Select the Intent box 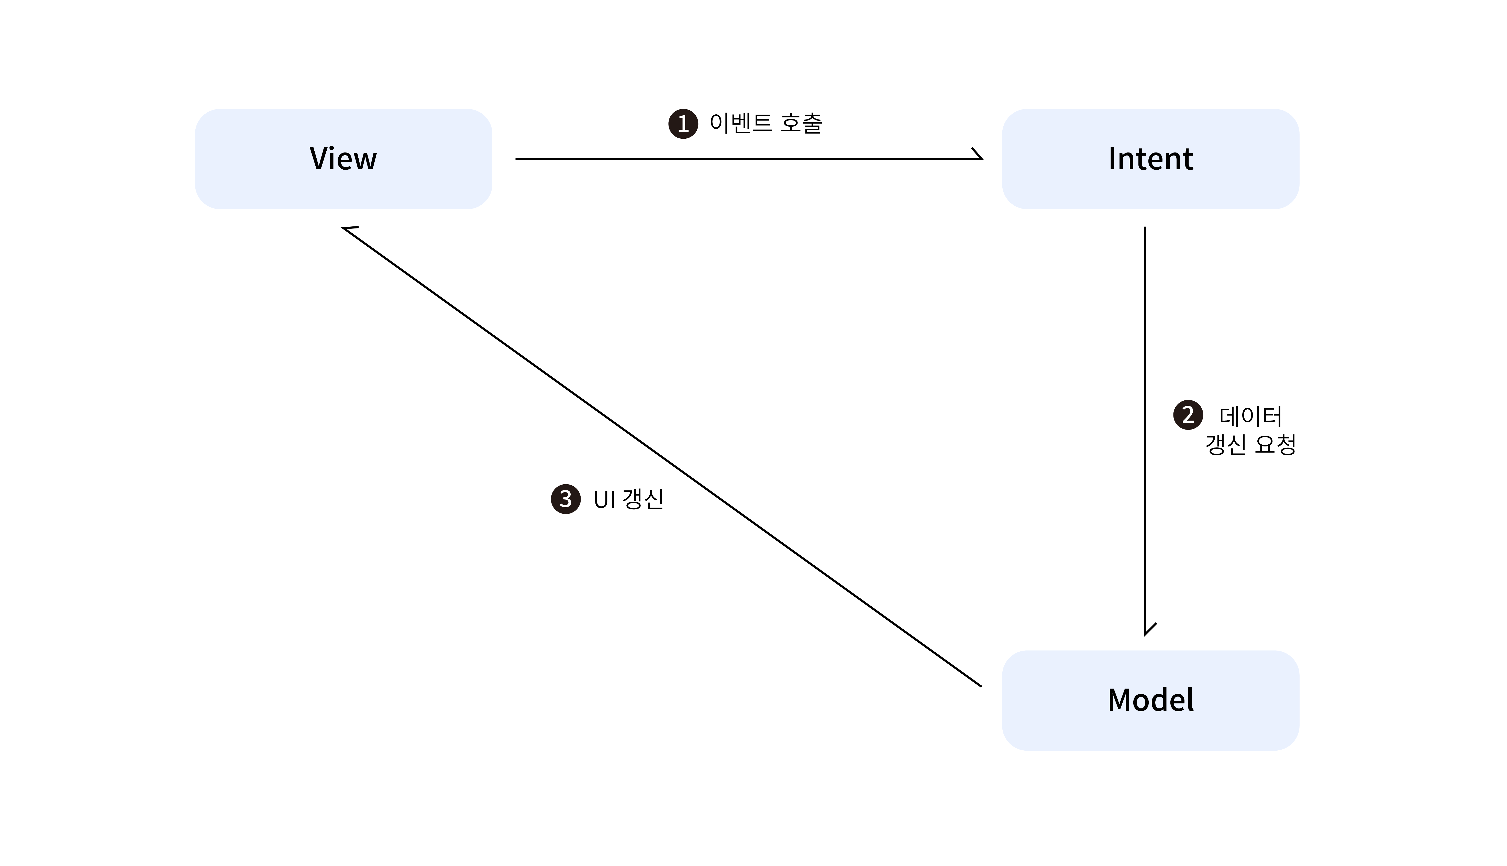[1150, 159]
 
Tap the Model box [1150, 700]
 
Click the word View [343, 159]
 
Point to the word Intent [1150, 159]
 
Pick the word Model [1150, 700]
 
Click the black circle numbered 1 [683, 124]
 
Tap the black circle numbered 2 [1188, 414]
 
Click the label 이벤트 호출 [766, 123]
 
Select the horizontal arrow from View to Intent [749, 159]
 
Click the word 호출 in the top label [801, 123]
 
